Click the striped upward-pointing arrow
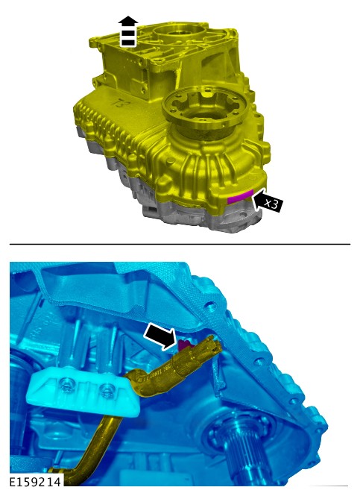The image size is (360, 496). click(x=128, y=31)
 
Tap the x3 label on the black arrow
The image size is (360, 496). click(x=271, y=204)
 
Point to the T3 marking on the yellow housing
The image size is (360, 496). click(x=118, y=104)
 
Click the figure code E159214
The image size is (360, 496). click(x=35, y=482)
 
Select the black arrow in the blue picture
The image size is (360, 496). click(x=160, y=337)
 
